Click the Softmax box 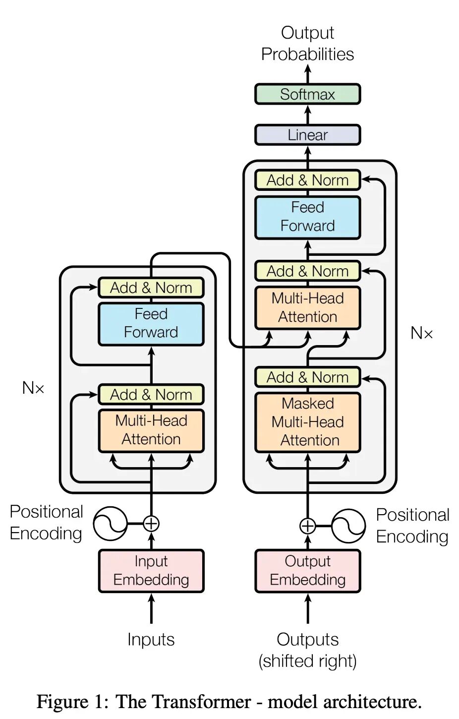coord(307,94)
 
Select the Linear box coord(307,135)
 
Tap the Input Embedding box coord(151,571)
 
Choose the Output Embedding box coord(308,571)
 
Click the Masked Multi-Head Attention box coord(308,422)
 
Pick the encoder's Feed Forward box coord(151,323)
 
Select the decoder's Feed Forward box coord(308,217)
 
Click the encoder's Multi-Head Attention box coord(151,430)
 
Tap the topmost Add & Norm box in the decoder coord(308,180)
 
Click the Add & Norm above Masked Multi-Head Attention coord(308,377)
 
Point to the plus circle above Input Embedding coord(151,524)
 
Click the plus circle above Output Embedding coord(308,526)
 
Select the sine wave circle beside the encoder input coord(110,524)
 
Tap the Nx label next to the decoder coord(421,333)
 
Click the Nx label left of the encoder coord(33,388)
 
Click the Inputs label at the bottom coord(151,639)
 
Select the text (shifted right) coord(308,660)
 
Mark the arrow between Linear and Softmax coord(308,115)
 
